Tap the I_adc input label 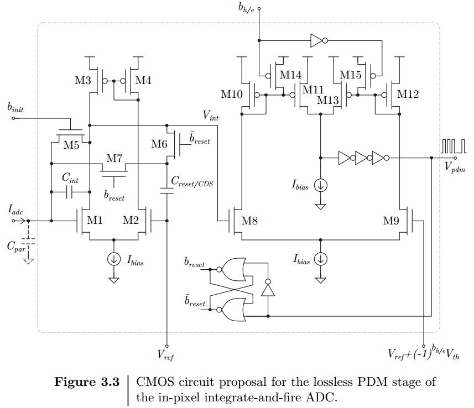[15, 208]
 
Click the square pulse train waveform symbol [452, 146]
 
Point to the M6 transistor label [160, 144]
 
